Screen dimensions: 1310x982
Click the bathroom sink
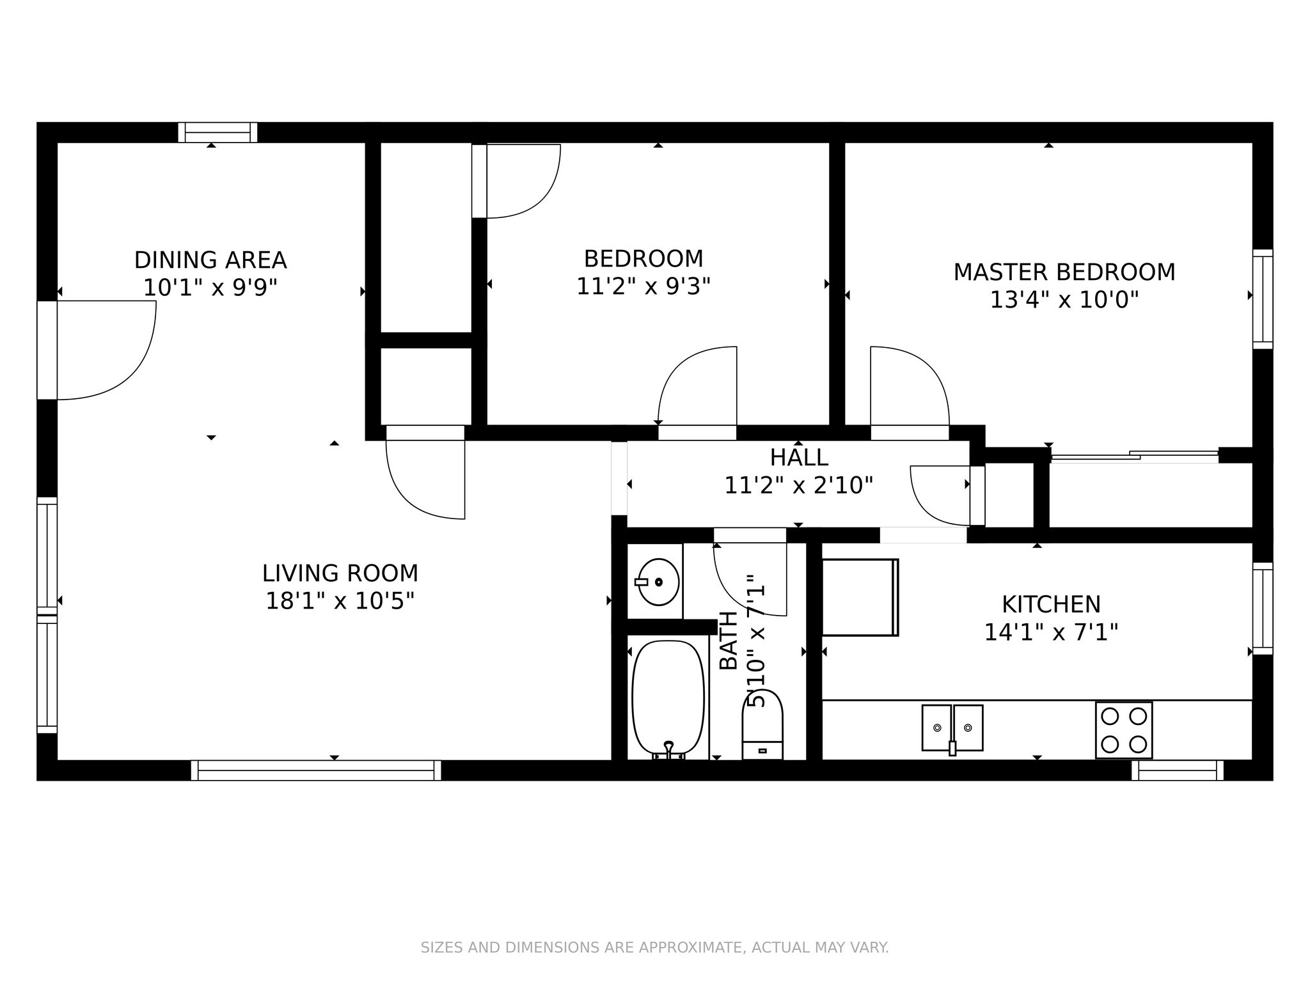pyautogui.click(x=658, y=582)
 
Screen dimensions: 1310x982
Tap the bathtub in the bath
pyautogui.click(x=668, y=699)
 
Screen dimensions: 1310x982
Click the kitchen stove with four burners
pyautogui.click(x=1123, y=730)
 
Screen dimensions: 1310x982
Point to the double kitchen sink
pyautogui.click(x=952, y=728)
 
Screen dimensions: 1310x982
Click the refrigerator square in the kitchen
pyautogui.click(x=860, y=597)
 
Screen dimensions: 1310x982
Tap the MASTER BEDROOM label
pyautogui.click(x=1064, y=272)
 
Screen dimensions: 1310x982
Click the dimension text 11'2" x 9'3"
pyautogui.click(x=643, y=286)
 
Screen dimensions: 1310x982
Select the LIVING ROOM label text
pyautogui.click(x=340, y=573)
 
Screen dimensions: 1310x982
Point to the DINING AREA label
pyautogui.click(x=210, y=260)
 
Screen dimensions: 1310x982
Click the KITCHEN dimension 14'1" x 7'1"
pyautogui.click(x=1051, y=632)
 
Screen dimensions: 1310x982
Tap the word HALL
pyautogui.click(x=799, y=458)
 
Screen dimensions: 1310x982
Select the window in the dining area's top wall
pyautogui.click(x=217, y=132)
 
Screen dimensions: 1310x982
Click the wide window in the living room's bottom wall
pyautogui.click(x=316, y=770)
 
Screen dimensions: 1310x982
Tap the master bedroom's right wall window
pyautogui.click(x=1263, y=299)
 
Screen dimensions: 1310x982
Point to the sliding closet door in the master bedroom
pyautogui.click(x=1135, y=456)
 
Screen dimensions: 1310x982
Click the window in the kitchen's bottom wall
pyautogui.click(x=1178, y=770)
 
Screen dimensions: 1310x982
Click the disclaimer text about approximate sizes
pyautogui.click(x=654, y=947)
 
